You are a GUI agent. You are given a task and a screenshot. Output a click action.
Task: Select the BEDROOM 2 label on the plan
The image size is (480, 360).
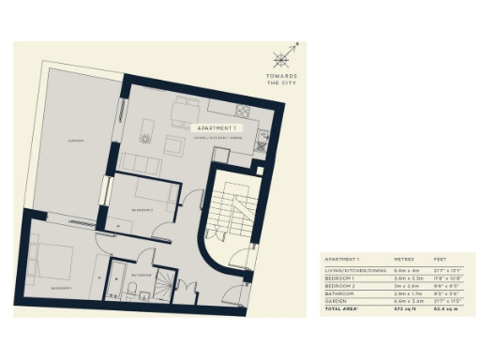(x=142, y=210)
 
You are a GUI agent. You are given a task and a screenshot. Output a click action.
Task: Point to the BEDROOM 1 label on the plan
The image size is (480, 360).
(x=61, y=288)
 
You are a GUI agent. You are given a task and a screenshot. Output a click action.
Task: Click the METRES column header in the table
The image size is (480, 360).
(x=404, y=258)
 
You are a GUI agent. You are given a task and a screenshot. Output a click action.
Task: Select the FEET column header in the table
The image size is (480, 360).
(x=440, y=258)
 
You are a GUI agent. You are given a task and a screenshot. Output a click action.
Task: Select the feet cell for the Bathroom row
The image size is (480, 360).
(x=442, y=292)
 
